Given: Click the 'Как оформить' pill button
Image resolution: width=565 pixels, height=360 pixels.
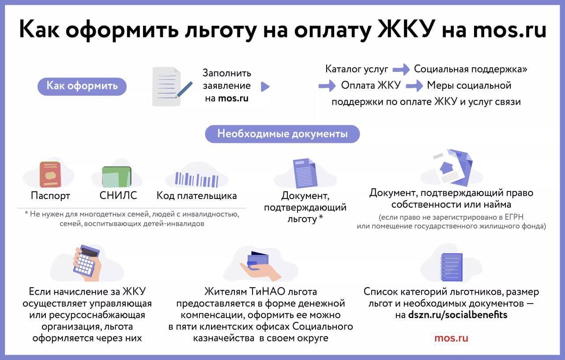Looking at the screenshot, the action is [x=82, y=86].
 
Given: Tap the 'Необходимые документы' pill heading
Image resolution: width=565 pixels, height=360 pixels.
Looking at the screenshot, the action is [x=282, y=134].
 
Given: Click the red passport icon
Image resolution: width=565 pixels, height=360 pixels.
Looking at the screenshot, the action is [x=50, y=174].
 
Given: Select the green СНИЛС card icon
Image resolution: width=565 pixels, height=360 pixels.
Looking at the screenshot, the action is [x=117, y=176].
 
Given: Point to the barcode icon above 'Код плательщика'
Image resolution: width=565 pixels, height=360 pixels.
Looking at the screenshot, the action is [x=197, y=180].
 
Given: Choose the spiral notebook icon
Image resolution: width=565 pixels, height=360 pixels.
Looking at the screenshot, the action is [x=451, y=267].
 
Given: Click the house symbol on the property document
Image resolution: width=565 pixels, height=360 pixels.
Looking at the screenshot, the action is [x=446, y=167].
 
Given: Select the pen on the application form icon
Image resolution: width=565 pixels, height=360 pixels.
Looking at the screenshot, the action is [x=185, y=90].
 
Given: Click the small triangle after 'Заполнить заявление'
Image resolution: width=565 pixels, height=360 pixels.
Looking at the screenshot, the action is [x=265, y=86].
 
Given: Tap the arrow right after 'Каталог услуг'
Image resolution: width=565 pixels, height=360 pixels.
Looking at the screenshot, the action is [x=401, y=69].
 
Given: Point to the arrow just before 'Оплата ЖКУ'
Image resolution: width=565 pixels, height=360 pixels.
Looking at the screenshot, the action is [x=327, y=86].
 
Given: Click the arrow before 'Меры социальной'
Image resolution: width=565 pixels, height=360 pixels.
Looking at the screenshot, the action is [x=414, y=86].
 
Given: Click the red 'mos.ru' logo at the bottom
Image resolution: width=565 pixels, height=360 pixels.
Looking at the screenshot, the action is [x=451, y=338].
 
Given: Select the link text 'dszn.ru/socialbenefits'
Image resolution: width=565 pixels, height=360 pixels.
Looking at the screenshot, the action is [x=458, y=315].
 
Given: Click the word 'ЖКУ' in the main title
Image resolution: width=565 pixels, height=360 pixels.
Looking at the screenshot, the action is [x=407, y=29].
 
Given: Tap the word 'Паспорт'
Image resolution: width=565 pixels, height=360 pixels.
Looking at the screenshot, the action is [x=50, y=195].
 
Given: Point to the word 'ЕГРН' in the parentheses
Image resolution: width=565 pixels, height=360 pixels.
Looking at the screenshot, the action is [x=514, y=217].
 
